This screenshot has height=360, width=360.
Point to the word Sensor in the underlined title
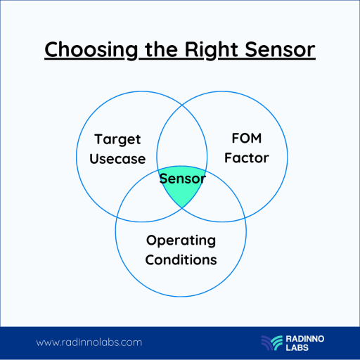(x=278, y=51)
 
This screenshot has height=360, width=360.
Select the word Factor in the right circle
(x=245, y=157)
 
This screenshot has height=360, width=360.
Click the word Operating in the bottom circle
(x=181, y=240)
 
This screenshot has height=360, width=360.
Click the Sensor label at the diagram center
(x=182, y=179)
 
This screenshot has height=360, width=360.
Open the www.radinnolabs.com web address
(x=89, y=342)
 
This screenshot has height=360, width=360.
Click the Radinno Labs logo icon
(x=271, y=342)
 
